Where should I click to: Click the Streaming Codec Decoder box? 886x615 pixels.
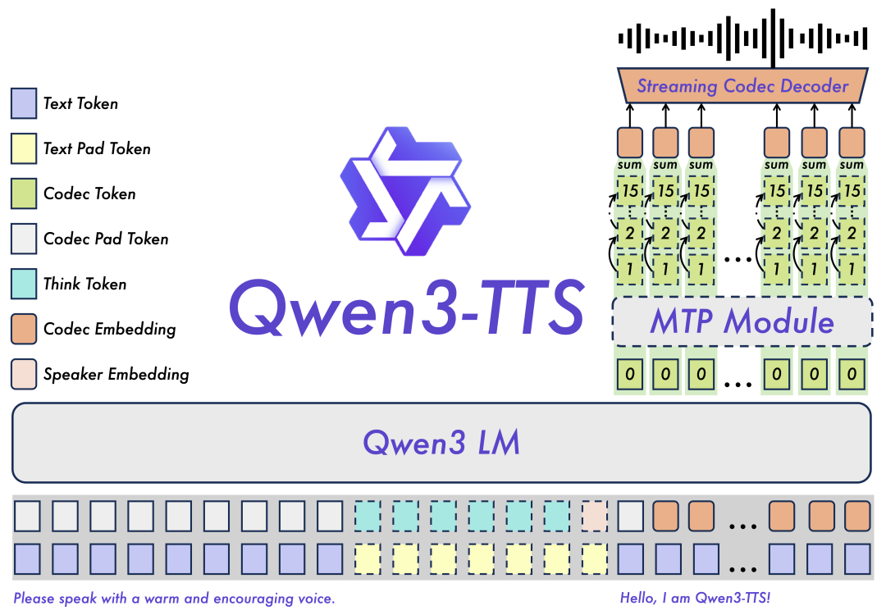[742, 85]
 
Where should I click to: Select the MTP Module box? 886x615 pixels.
[742, 321]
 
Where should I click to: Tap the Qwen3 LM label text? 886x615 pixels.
[441, 443]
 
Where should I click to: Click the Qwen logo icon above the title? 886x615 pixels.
[404, 189]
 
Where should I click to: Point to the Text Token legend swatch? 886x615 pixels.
[23, 103]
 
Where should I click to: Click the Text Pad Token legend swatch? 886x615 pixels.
[23, 148]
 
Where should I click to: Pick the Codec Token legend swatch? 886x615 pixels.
[23, 194]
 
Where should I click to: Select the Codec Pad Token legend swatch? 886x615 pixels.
[23, 239]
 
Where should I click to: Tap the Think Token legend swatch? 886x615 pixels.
[23, 284]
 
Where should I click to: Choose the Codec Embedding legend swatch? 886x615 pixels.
[23, 329]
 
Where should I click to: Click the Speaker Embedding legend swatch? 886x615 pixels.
[23, 374]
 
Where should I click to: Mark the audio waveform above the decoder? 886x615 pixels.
[742, 37]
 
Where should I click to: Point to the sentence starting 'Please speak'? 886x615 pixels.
[174, 598]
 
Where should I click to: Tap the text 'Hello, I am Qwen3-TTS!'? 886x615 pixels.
[696, 598]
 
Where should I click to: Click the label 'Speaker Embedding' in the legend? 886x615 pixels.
[116, 374]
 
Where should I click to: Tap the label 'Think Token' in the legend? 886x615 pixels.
[85, 284]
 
